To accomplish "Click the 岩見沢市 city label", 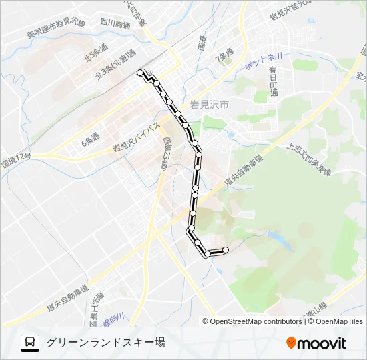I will click(x=209, y=105).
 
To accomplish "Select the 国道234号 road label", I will click(x=165, y=154).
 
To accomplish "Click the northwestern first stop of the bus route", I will click(x=140, y=72).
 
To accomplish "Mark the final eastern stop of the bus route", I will click(x=226, y=250).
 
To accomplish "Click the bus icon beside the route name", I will click(x=30, y=343).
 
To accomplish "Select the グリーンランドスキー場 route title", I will click(x=105, y=343).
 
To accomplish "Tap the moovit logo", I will click(x=316, y=343).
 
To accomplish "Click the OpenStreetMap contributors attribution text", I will click(x=256, y=321).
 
